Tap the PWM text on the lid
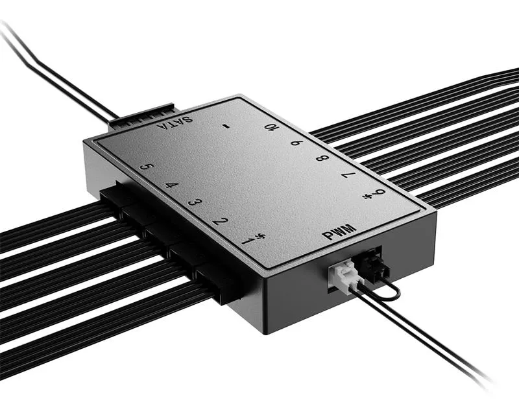point(340,233)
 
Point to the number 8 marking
point(321,158)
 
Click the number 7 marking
point(348,176)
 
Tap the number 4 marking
point(171,185)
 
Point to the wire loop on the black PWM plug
point(389,293)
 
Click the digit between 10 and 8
point(296,142)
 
